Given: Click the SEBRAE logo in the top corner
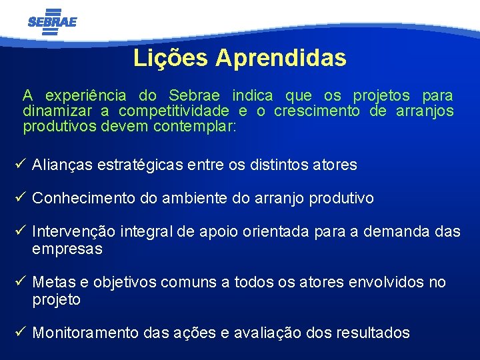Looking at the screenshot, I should (x=52, y=21).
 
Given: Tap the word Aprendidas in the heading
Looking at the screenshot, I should (x=281, y=58).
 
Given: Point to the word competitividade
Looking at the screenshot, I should (x=173, y=111).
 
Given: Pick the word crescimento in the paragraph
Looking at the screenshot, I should (x=317, y=111).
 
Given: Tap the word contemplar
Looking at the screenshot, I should (x=195, y=126).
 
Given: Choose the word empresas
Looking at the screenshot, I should (x=67, y=249).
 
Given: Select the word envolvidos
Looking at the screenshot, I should (x=387, y=283).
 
